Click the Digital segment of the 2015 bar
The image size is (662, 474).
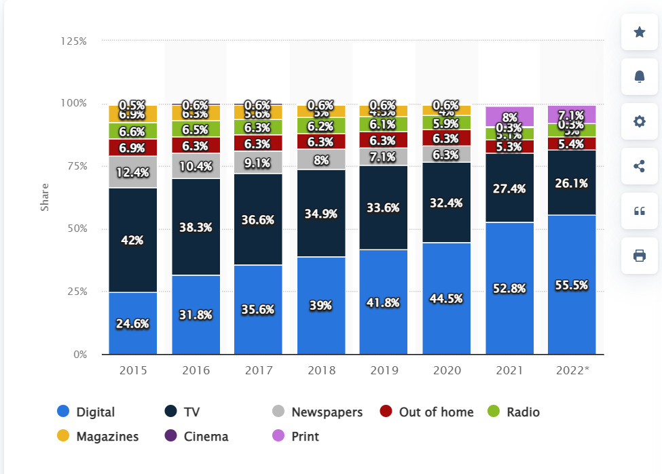pyautogui.click(x=133, y=323)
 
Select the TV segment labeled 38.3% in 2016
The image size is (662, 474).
pyautogui.click(x=196, y=226)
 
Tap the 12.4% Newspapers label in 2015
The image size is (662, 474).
pyautogui.click(x=133, y=172)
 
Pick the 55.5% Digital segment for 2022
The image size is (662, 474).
pyautogui.click(x=572, y=285)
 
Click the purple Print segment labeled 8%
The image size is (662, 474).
pyautogui.click(x=509, y=117)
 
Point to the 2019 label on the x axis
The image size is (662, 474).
pyautogui.click(x=384, y=371)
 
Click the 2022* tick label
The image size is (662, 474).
pyautogui.click(x=572, y=371)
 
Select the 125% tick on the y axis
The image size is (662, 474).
pyautogui.click(x=73, y=41)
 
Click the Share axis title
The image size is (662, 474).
pyautogui.click(x=45, y=197)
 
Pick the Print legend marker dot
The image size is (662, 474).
pyautogui.click(x=278, y=436)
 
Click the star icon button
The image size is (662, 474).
pyautogui.click(x=639, y=32)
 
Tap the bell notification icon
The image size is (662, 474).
pyautogui.click(x=639, y=77)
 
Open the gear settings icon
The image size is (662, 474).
pyautogui.click(x=639, y=121)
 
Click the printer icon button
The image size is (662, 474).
pyautogui.click(x=639, y=256)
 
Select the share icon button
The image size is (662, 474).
pyautogui.click(x=639, y=166)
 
